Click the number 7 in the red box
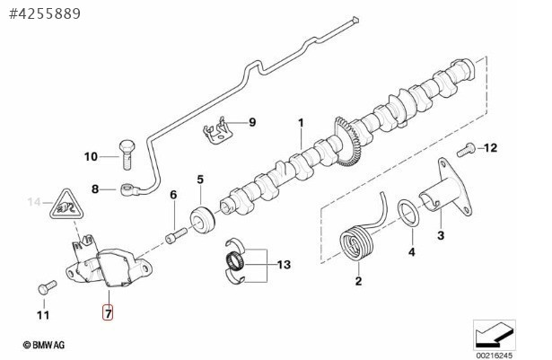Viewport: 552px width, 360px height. [x=108, y=312]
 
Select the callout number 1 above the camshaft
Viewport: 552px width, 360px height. [x=301, y=123]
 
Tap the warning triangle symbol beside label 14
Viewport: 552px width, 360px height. [x=67, y=206]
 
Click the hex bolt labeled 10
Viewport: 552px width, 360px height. [x=127, y=154]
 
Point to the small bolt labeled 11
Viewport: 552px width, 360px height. [x=48, y=287]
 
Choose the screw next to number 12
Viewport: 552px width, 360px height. [x=466, y=150]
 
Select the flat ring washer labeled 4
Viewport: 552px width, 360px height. [x=408, y=213]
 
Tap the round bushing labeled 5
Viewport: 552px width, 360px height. [x=203, y=221]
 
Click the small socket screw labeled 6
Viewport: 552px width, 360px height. [x=176, y=235]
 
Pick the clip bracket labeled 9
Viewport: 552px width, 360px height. [x=217, y=130]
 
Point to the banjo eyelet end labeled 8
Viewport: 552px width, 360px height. [x=128, y=189]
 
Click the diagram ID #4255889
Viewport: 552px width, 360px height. [x=45, y=13]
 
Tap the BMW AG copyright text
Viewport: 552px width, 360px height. [x=44, y=345]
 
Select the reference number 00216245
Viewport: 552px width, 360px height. [x=495, y=356]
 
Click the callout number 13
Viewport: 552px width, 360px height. [x=284, y=264]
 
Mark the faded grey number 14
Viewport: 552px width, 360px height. [x=34, y=202]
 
